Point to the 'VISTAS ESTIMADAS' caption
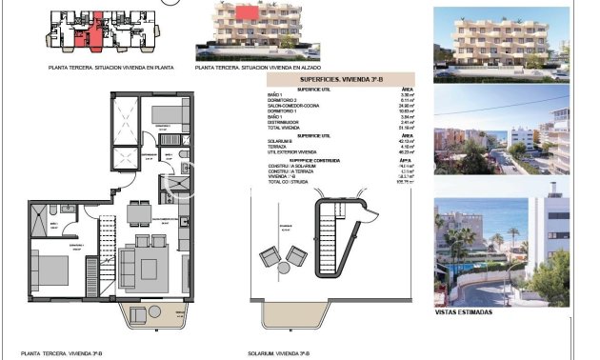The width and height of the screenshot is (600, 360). click(463, 312)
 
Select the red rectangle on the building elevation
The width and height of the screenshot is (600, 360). click(247, 12)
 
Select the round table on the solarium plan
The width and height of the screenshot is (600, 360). click(285, 256)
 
